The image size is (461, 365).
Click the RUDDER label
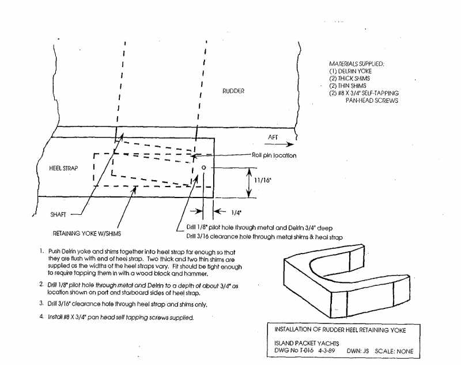pos(233,91)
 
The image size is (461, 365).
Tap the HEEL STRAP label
pos(63,168)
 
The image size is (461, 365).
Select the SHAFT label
pos(58,214)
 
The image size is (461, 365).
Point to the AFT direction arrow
pos(279,144)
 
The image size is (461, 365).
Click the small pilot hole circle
pos(203,167)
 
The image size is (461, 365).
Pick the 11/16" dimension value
pos(262,180)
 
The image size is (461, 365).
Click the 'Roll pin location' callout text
pos(274,155)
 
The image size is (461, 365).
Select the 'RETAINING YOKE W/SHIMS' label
pos(87,233)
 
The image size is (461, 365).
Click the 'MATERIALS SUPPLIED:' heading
pos(356,64)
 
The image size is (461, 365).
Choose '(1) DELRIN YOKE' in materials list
pos(350,71)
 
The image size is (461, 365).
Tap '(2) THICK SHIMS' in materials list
pos(350,79)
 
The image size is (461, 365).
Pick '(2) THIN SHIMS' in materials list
pos(348,85)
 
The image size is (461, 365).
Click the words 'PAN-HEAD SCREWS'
pos(372,100)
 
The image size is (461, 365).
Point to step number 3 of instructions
pos(41,303)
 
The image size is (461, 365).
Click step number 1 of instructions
pos(41,252)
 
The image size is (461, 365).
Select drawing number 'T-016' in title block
pos(307,351)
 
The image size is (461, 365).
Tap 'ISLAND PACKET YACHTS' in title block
pos(307,343)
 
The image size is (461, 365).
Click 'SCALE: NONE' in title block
pos(394,351)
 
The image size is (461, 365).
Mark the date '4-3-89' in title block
pos(326,351)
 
